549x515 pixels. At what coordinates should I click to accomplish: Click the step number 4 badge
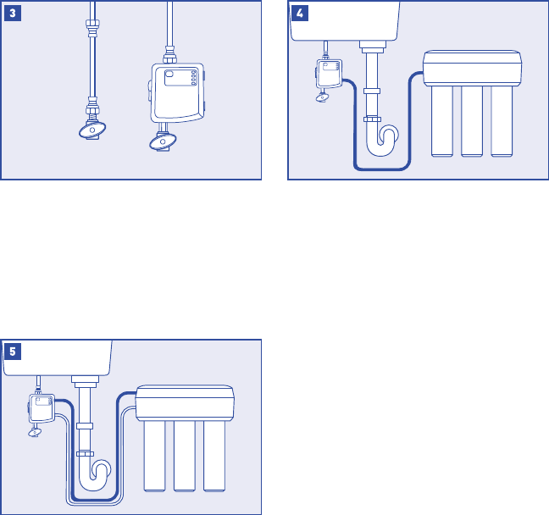point(300,14)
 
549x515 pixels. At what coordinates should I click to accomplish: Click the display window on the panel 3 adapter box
point(175,75)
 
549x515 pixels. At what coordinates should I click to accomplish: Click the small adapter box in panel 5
point(40,409)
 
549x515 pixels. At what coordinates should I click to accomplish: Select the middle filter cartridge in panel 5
point(186,457)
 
